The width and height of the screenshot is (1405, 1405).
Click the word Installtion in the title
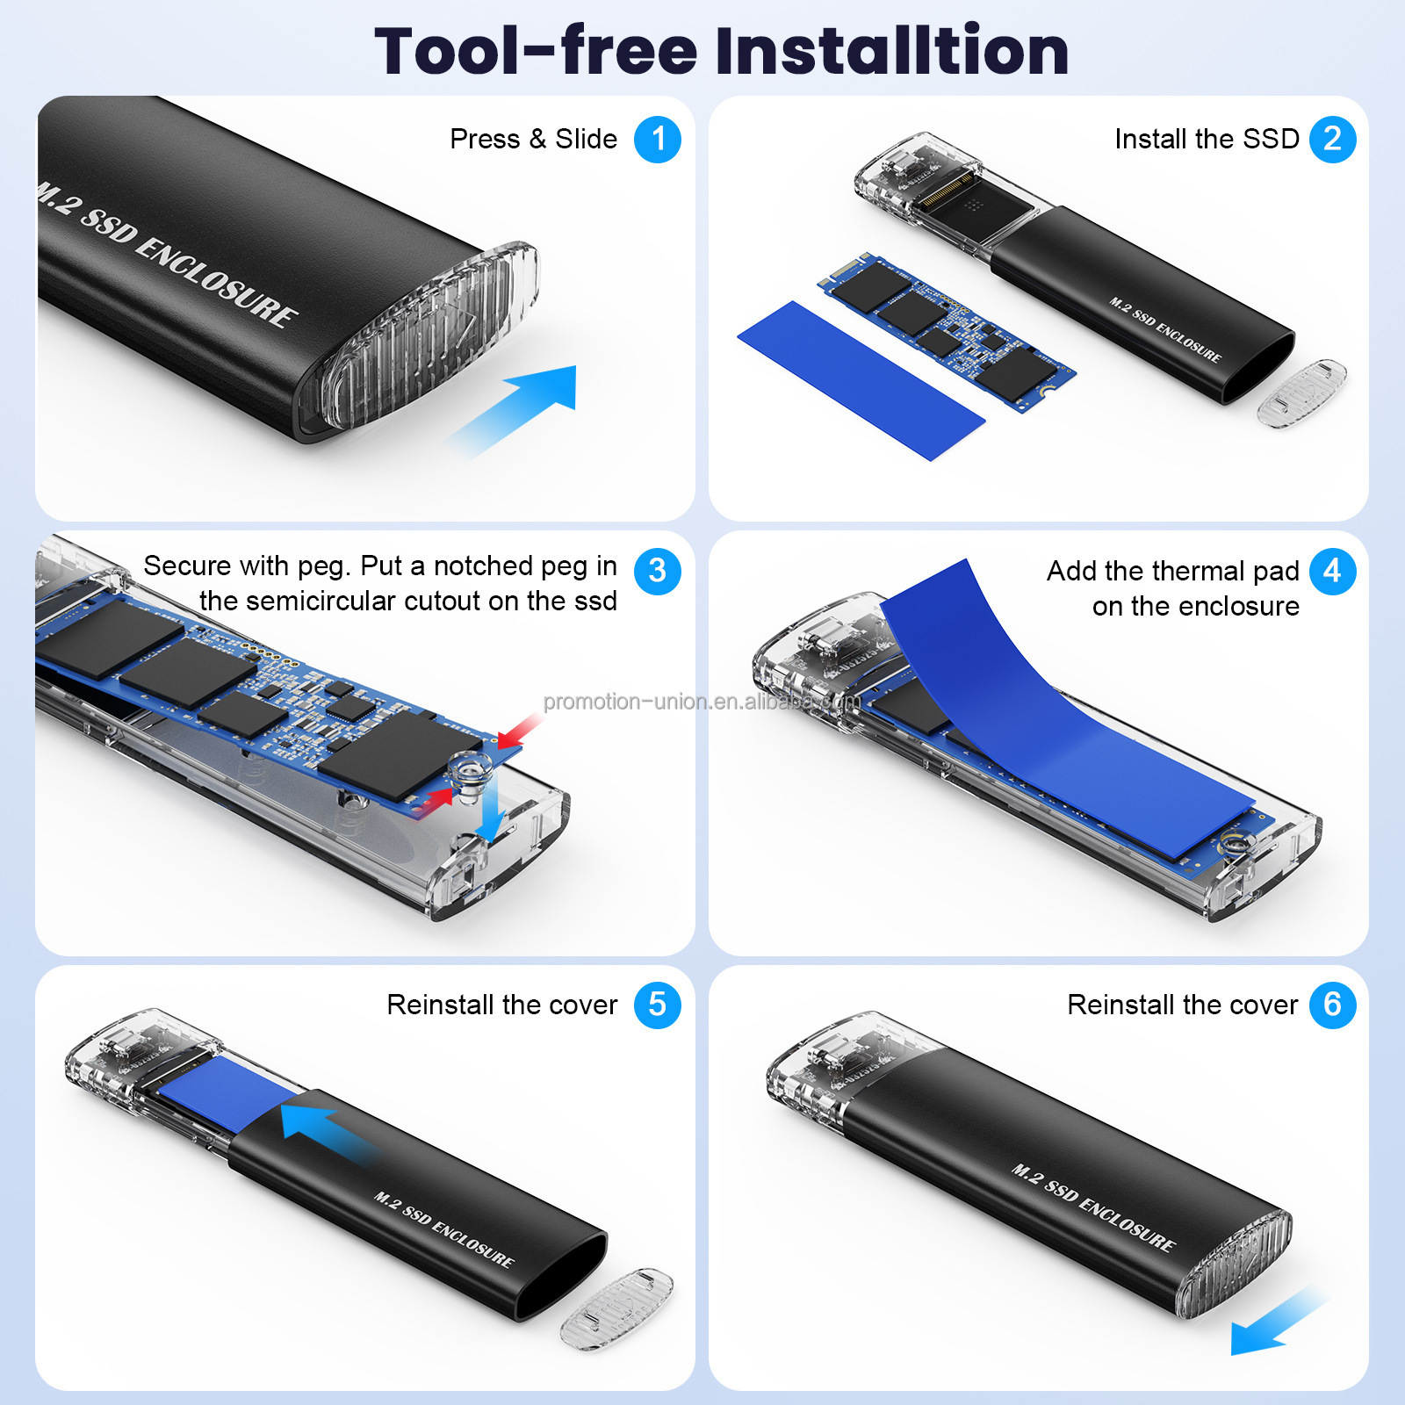(892, 51)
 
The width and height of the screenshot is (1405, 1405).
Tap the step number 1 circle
(657, 139)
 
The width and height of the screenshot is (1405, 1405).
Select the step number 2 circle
(1332, 139)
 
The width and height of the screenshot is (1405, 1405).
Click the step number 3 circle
(657, 571)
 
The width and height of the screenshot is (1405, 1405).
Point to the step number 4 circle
(1332, 571)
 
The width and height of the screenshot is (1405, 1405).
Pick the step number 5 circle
(657, 1005)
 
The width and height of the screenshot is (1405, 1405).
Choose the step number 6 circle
(1332, 1005)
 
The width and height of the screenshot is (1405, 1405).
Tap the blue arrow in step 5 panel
(325, 1133)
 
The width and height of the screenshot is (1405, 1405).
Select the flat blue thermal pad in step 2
(861, 379)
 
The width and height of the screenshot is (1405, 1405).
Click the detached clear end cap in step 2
(1302, 392)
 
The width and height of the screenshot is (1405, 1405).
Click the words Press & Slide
(533, 139)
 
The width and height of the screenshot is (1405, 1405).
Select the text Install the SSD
(1207, 139)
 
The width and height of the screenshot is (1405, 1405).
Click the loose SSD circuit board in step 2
(947, 332)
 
